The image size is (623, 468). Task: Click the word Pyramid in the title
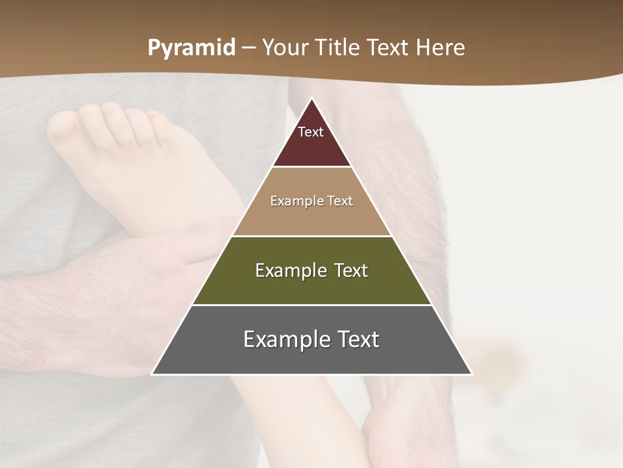(x=191, y=48)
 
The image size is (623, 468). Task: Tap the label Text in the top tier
(x=311, y=132)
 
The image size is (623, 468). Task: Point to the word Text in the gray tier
(x=357, y=339)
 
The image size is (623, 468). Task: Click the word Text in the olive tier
(x=350, y=270)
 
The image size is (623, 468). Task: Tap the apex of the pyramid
(x=312, y=99)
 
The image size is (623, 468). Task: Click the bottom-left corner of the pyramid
(x=153, y=374)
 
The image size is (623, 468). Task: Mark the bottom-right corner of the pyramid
(x=471, y=374)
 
